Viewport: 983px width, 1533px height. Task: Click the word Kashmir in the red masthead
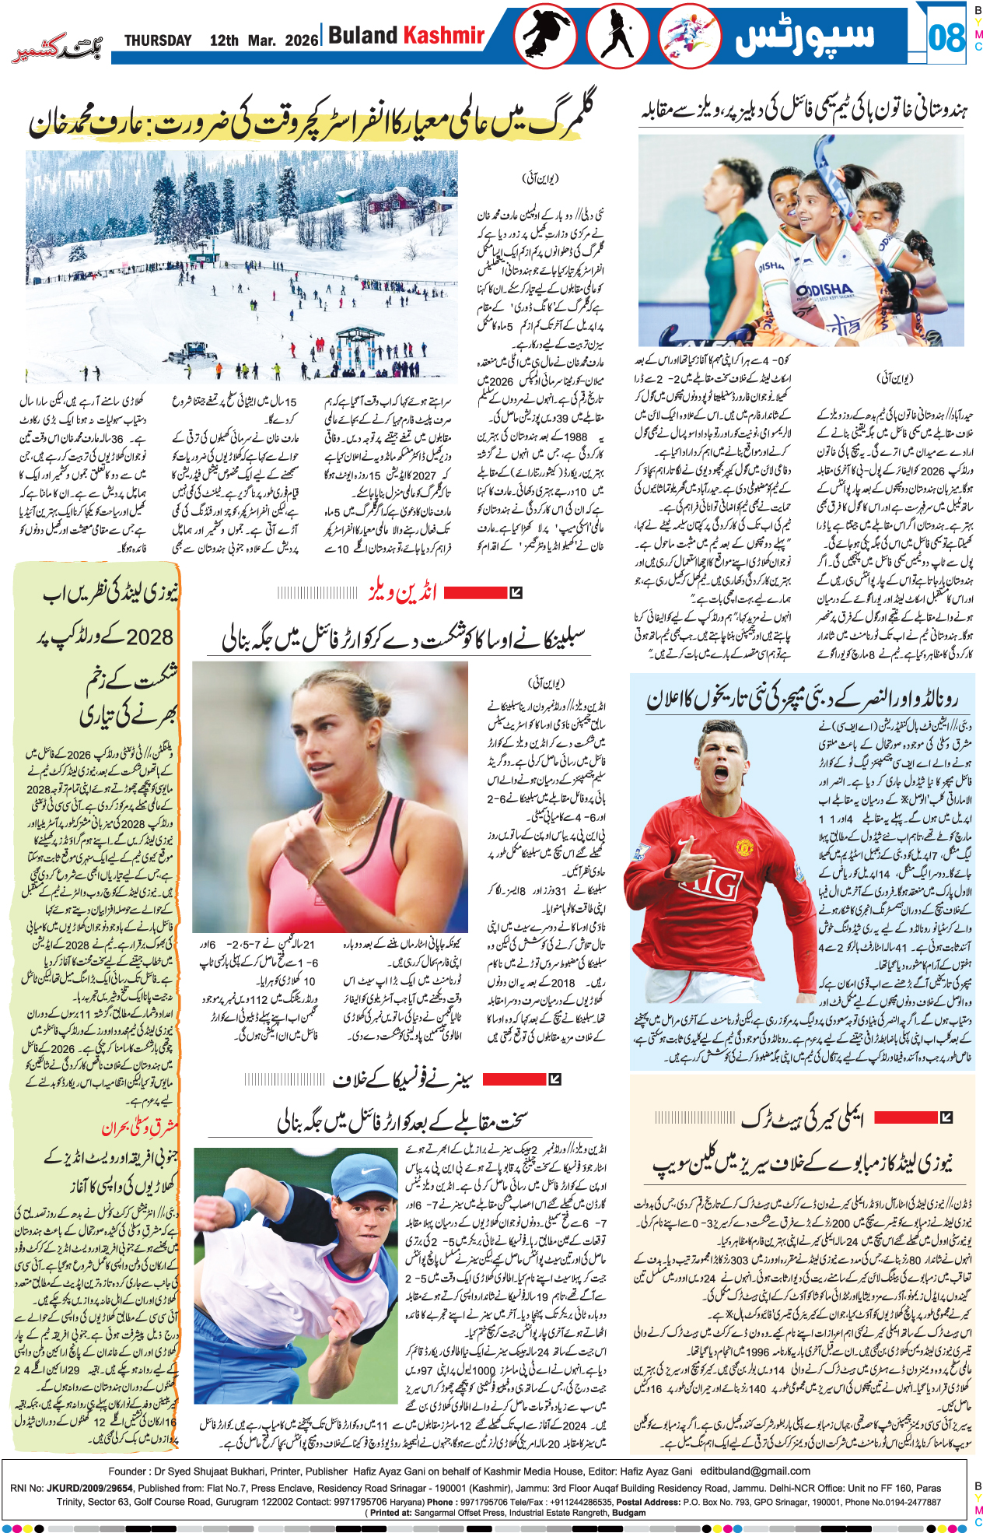443,36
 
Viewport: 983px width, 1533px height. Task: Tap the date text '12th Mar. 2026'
264,40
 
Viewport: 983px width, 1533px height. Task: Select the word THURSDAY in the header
158,40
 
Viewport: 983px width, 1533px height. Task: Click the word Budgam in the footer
628,1513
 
